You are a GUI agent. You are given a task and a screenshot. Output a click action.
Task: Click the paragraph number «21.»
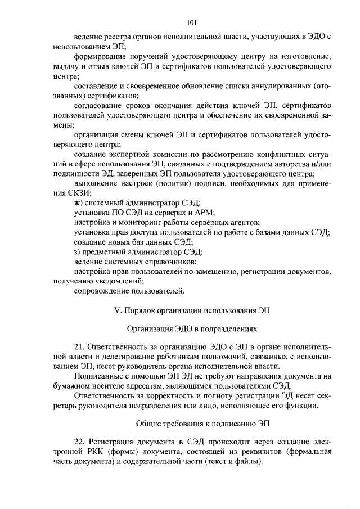pyautogui.click(x=80, y=348)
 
